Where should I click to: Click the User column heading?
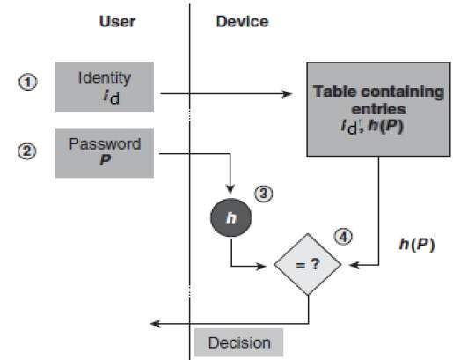(x=116, y=22)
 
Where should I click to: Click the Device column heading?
(x=242, y=22)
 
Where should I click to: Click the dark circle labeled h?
(x=230, y=216)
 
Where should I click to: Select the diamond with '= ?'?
(x=309, y=263)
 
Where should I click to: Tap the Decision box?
(x=239, y=342)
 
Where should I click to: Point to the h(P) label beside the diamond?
(x=417, y=244)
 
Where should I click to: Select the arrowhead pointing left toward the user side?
(x=155, y=324)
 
